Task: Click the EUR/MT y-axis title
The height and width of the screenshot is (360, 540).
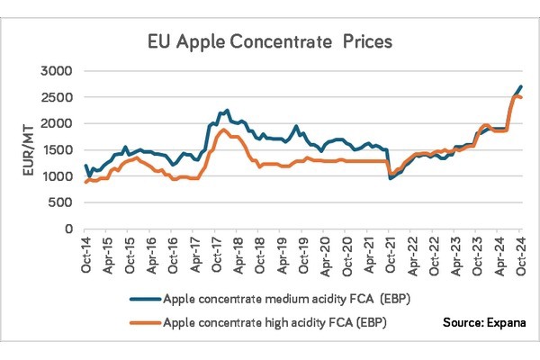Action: point(30,149)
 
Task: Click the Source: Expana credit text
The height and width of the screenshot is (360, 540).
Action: point(482,321)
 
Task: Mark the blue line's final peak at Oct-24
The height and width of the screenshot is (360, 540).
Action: point(522,86)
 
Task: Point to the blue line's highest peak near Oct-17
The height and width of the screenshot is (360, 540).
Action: point(226,110)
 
